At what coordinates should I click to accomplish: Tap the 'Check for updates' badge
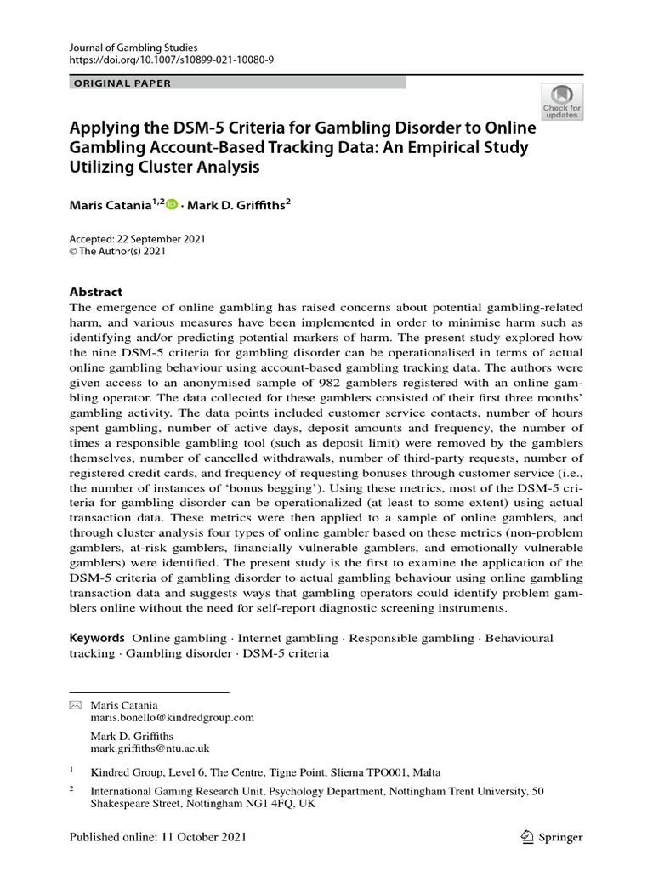(562, 101)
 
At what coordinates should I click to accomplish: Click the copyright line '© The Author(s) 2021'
(117, 251)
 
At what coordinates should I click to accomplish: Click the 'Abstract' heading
(95, 291)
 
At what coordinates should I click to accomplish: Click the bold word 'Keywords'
(97, 637)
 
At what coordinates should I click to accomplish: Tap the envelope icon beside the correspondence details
(75, 705)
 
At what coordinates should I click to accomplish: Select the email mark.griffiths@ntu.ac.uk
(150, 749)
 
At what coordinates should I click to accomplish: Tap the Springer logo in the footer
(550, 837)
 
